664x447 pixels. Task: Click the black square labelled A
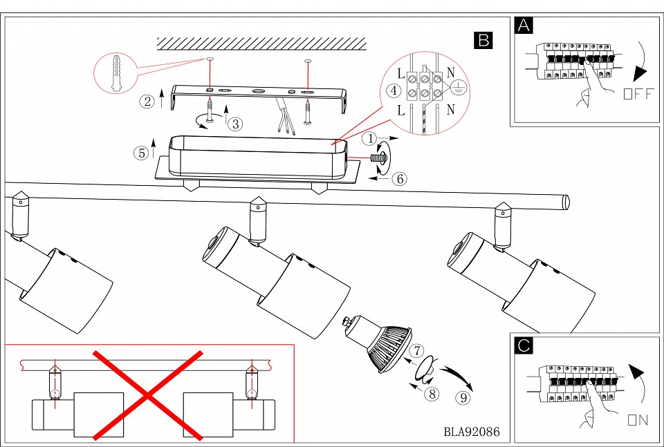(x=525, y=26)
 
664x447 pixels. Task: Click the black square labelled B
(x=483, y=40)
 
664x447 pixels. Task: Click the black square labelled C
(x=525, y=345)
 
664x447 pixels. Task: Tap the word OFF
(x=638, y=95)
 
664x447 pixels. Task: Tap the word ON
(x=638, y=419)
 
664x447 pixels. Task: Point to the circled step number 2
(x=147, y=102)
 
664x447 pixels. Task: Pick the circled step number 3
(x=236, y=124)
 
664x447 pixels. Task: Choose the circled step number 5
(x=142, y=153)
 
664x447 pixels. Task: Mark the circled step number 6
(x=399, y=178)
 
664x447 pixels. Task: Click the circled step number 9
(x=462, y=397)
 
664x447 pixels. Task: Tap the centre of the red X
(x=148, y=394)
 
